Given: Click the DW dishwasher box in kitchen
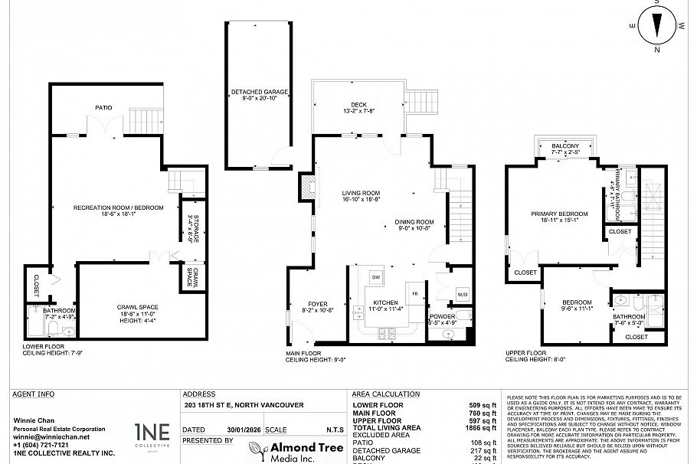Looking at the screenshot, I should [376, 276].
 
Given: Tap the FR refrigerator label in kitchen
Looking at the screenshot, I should [414, 293].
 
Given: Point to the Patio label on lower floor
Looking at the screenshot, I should [104, 108].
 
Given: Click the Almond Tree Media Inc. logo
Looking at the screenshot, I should [287, 451].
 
